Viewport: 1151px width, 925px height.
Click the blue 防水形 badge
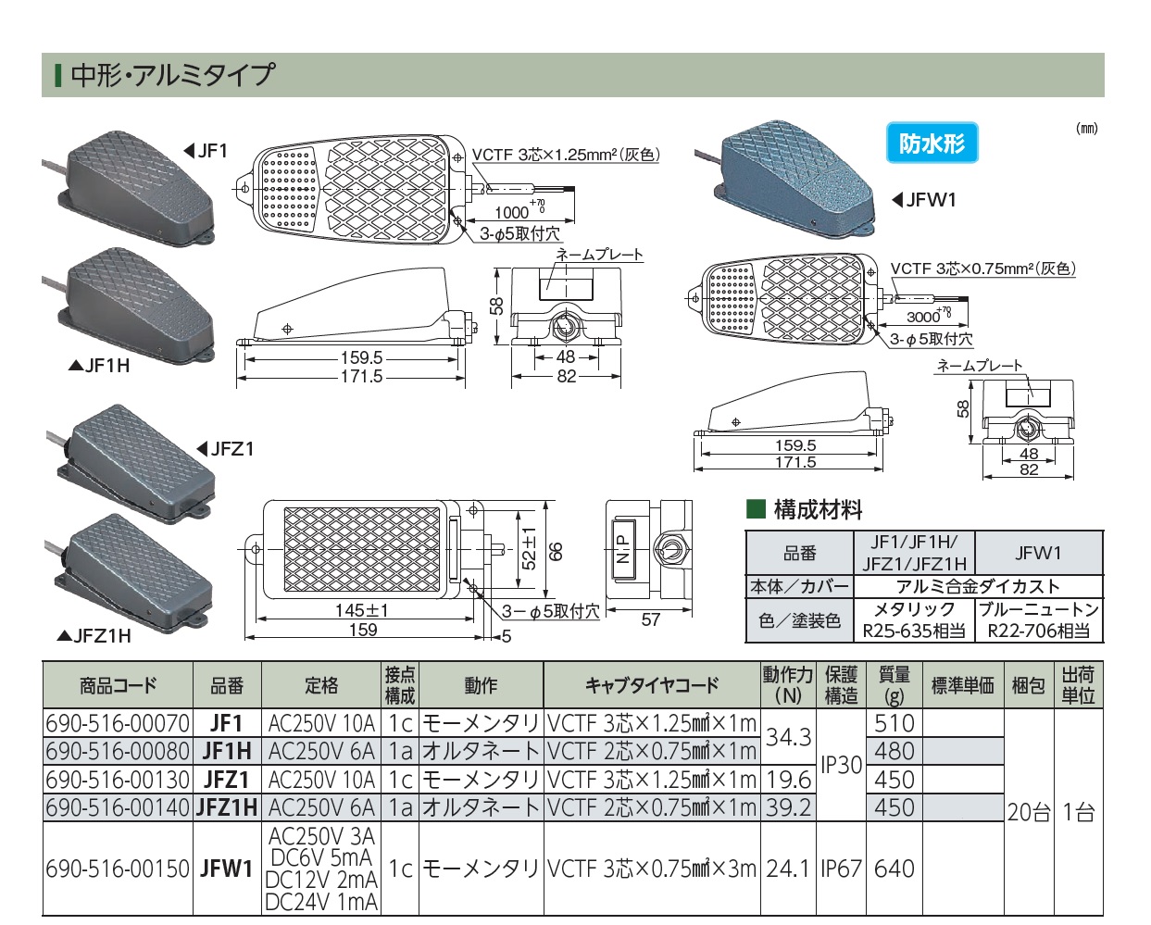coord(932,144)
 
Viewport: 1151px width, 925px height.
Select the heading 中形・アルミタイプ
coord(172,75)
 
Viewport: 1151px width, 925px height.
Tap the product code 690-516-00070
coord(118,723)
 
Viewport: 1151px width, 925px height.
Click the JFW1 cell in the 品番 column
coord(227,869)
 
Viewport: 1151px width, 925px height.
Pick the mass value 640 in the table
coord(894,869)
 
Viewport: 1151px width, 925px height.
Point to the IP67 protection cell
coord(841,869)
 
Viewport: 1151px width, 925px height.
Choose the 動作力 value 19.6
coord(788,780)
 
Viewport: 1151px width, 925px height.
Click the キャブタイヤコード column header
coord(652,685)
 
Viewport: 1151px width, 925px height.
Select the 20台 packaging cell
coord(1029,812)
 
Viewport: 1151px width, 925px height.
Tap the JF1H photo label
coord(100,366)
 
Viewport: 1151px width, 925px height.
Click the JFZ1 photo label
coord(227,449)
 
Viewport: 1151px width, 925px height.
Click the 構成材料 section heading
coord(817,509)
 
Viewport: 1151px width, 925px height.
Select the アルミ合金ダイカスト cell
coord(978,586)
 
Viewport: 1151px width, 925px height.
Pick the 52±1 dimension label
coord(529,547)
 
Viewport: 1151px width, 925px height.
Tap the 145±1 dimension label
coord(362,611)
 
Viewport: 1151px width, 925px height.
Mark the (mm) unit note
coord(1086,129)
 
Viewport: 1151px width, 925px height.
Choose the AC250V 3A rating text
coord(321,836)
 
